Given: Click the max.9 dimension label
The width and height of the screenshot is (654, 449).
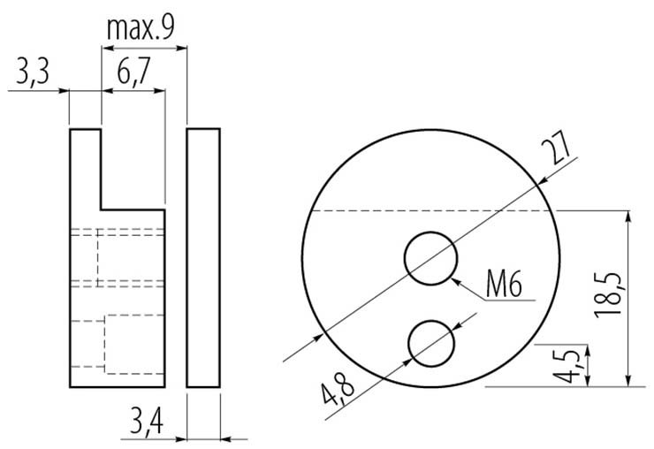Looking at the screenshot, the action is point(141,28).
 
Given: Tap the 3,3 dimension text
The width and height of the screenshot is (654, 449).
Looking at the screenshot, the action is point(33,72).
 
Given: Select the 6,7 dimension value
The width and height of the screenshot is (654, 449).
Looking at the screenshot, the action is point(133,72).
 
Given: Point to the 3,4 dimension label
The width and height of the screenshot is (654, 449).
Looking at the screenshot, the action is point(147,421).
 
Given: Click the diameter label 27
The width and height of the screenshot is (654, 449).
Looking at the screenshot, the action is point(555,147).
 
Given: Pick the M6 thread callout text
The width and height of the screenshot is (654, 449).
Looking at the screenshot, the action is point(504,284).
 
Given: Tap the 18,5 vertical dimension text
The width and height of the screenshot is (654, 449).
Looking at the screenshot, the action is point(609,295).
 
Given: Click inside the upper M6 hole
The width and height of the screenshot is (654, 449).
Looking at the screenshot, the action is point(430,259).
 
